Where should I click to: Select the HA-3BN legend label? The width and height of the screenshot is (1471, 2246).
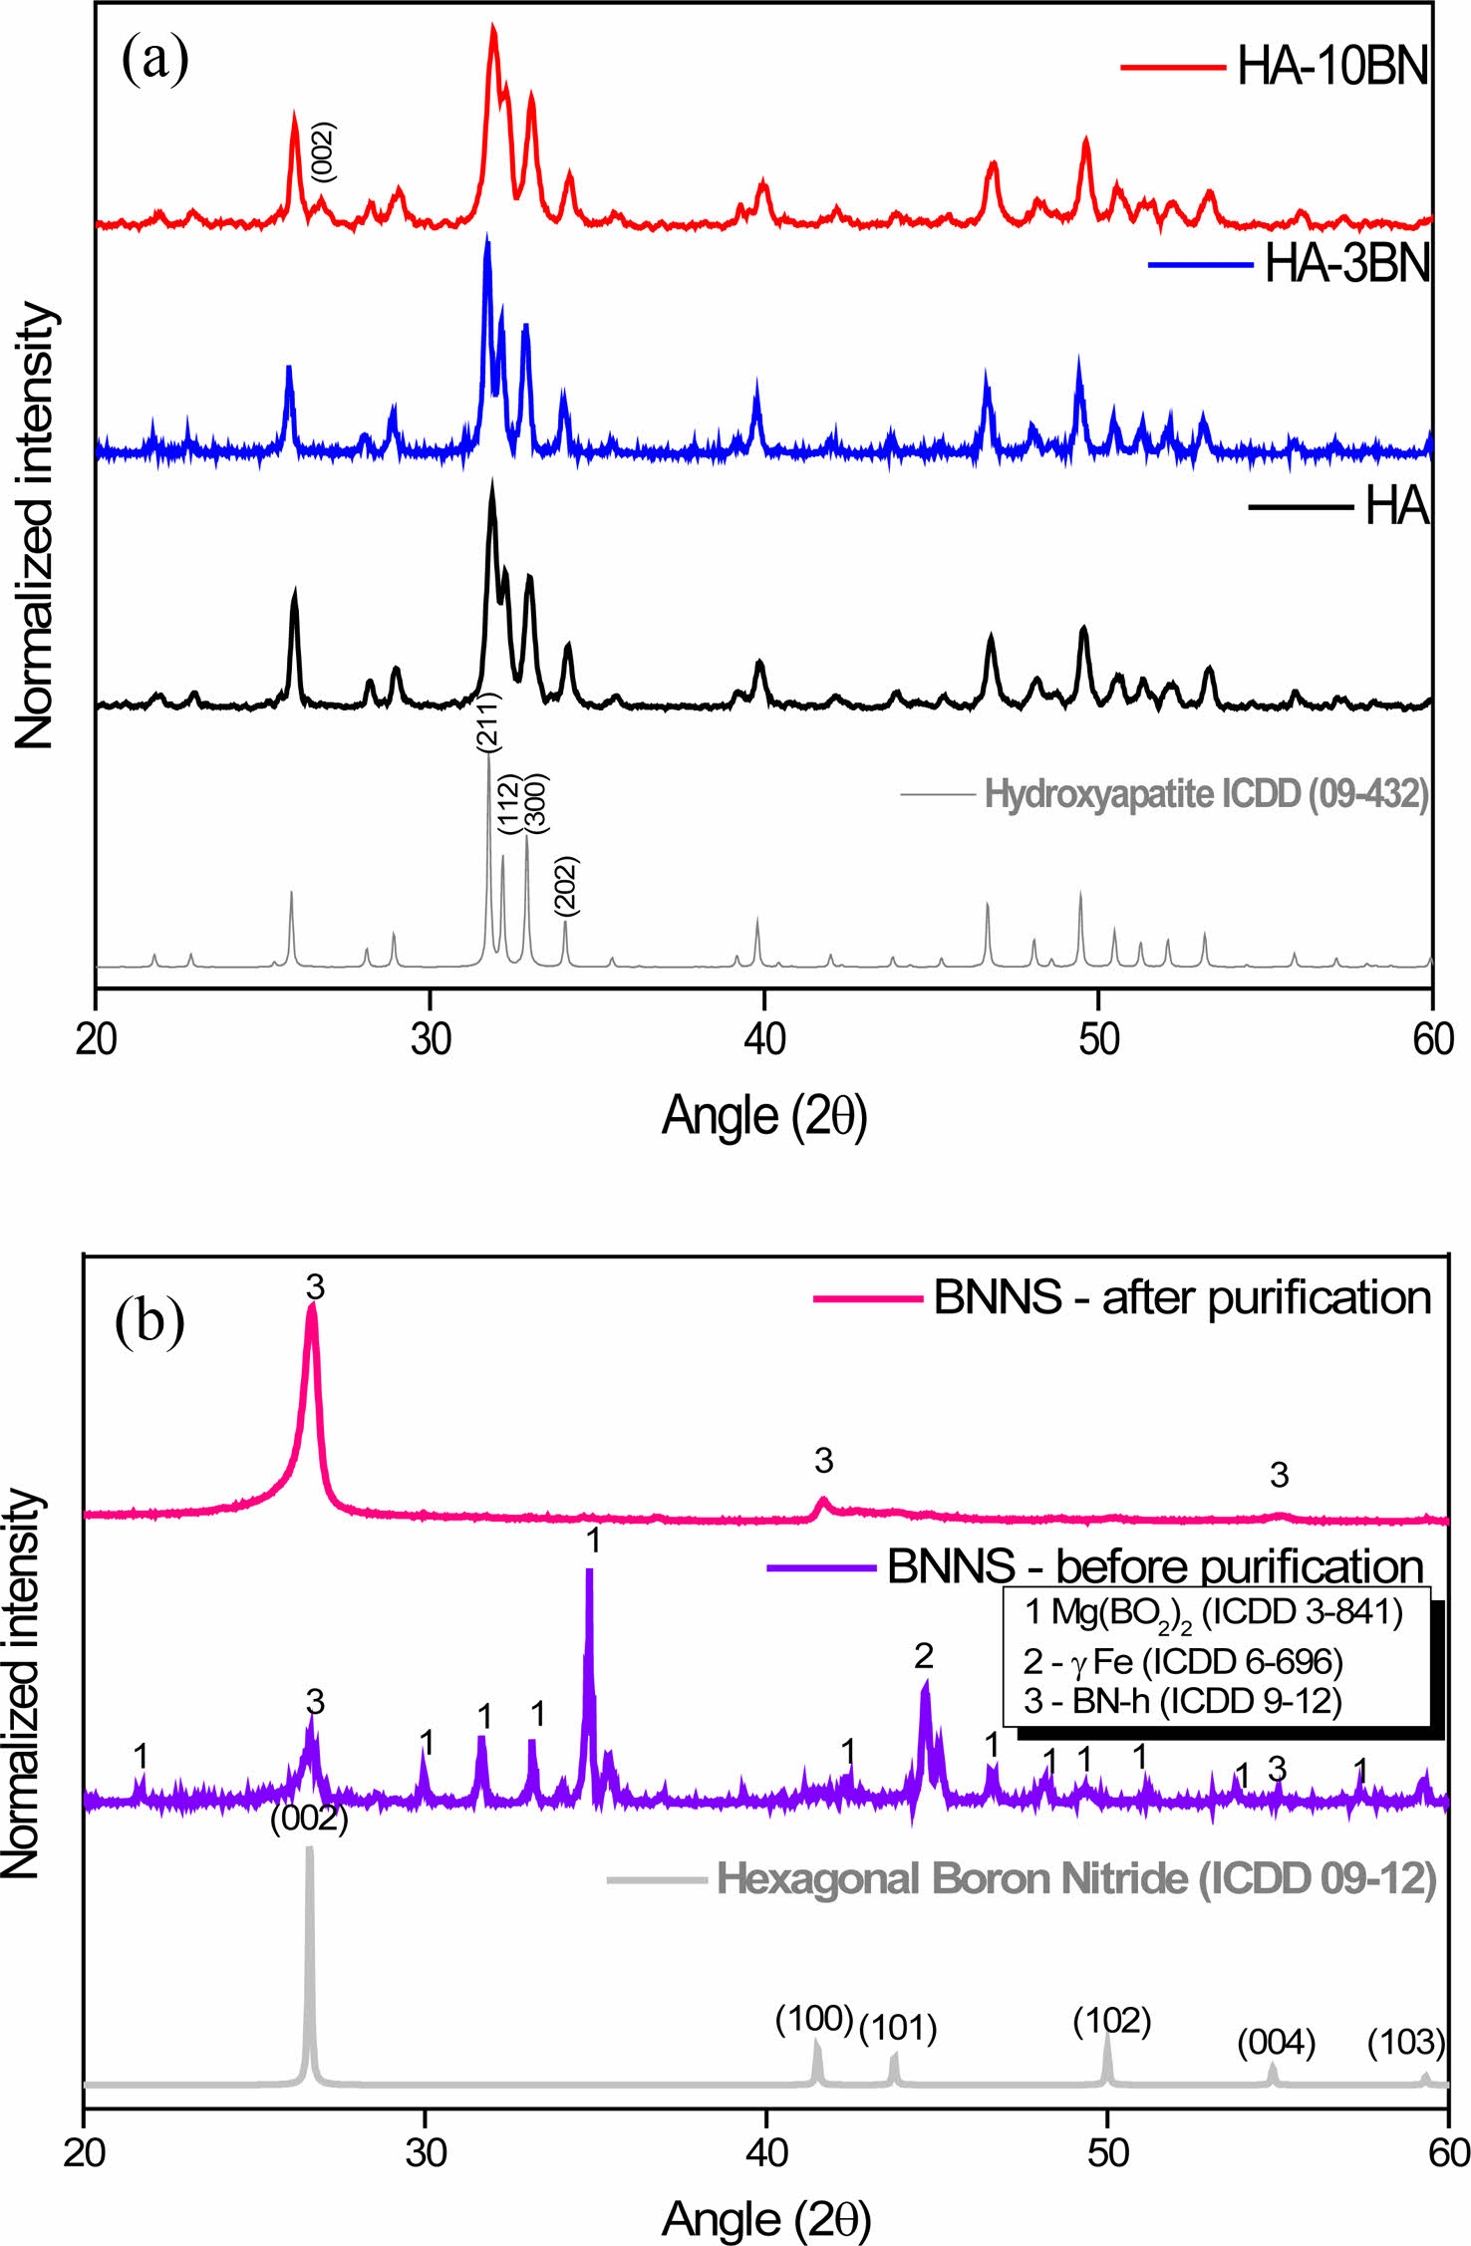(1346, 264)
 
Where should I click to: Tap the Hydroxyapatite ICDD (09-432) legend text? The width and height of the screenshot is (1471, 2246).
(1206, 794)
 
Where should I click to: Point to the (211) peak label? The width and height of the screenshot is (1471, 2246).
(487, 721)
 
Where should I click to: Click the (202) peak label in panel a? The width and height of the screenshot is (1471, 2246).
(565, 885)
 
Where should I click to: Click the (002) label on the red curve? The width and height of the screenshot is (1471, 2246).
(323, 151)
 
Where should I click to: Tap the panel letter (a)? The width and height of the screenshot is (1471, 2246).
(154, 60)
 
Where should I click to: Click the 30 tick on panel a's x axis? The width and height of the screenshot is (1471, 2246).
(430, 1039)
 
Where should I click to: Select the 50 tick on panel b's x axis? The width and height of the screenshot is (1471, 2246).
(1107, 2153)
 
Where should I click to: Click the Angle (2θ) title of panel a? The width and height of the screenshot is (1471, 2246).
(764, 1116)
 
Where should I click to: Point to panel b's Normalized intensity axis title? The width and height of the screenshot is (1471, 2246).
(22, 1684)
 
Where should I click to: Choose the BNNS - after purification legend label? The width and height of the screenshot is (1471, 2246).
(1182, 1298)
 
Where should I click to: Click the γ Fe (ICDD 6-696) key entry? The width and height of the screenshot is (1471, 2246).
(1183, 1661)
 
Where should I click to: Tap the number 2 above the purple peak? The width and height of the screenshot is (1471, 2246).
(924, 1656)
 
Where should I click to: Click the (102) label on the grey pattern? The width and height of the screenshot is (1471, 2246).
(1111, 2021)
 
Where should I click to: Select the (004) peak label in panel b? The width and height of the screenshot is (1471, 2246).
(1276, 2042)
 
